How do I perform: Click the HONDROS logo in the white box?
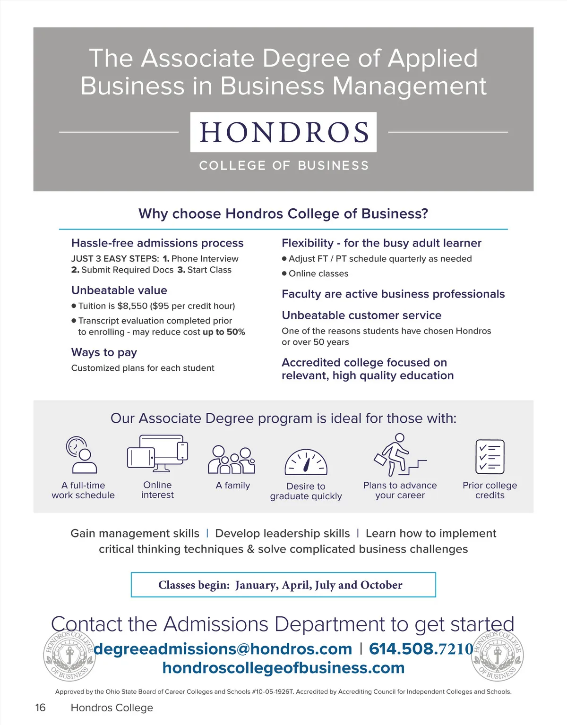point(283,132)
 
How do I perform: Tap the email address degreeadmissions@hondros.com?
point(223,649)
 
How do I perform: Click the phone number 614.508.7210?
point(421,649)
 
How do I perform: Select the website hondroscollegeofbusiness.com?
point(283,668)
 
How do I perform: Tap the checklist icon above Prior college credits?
point(490,457)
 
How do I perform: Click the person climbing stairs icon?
point(399,454)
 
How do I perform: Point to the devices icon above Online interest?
point(157,453)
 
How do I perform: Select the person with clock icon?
point(81,455)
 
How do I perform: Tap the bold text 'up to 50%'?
point(224,332)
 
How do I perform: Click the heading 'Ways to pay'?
point(104,352)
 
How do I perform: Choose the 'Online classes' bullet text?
point(318,274)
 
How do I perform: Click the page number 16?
point(41,708)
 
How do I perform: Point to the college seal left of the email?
point(69,656)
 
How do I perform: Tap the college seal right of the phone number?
point(498,656)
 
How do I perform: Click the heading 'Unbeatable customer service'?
point(361,316)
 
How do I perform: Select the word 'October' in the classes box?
point(381,585)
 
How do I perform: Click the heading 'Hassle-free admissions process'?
point(157,243)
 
